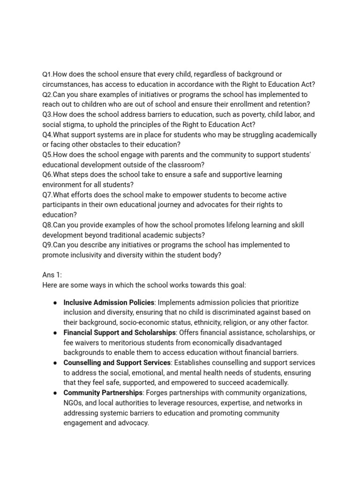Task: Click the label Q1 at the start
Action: click(x=47, y=75)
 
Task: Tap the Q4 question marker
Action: click(x=47, y=135)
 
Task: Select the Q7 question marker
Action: click(x=47, y=195)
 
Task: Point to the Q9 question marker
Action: click(x=47, y=245)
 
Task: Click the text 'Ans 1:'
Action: click(x=52, y=275)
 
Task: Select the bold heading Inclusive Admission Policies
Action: click(x=109, y=303)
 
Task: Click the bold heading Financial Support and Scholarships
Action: click(x=120, y=333)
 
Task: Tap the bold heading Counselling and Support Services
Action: click(x=117, y=363)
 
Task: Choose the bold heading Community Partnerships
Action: click(x=103, y=393)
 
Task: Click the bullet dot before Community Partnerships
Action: click(x=55, y=393)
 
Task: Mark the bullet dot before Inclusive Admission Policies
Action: click(x=55, y=303)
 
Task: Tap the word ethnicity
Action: click(x=222, y=322)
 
